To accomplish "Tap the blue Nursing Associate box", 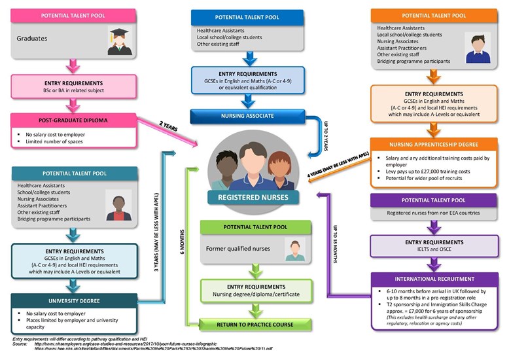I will [245, 117].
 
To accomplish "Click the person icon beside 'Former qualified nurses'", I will [295, 249].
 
